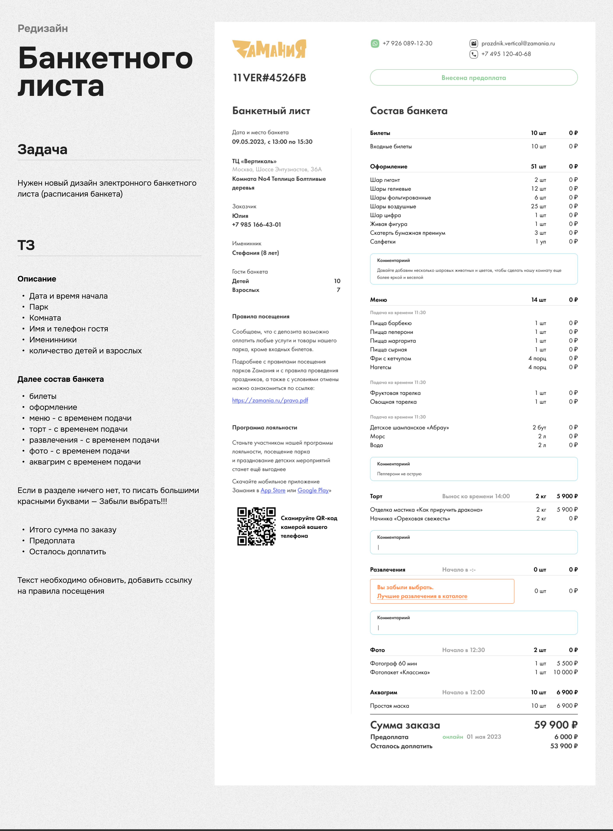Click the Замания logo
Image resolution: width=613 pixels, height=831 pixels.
coord(269,49)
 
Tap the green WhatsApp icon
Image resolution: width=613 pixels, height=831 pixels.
coord(375,43)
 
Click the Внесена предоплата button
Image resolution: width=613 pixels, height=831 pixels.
coord(474,77)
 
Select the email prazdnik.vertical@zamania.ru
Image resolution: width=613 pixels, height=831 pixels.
coord(518,43)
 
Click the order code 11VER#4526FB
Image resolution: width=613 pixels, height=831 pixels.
coord(270,78)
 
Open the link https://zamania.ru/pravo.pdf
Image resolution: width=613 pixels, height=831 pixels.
coord(270,400)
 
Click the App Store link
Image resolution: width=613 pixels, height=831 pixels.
coord(273,490)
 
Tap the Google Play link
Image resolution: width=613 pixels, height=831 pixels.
coord(313,490)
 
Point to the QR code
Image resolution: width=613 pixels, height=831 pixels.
coord(256,526)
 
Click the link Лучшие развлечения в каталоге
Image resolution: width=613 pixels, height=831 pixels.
coord(422,596)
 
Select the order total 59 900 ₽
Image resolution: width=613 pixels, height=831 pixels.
coord(555,725)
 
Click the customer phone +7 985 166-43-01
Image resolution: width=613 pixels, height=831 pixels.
coord(256,224)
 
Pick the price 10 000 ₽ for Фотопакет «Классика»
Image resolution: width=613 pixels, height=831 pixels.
coord(565,672)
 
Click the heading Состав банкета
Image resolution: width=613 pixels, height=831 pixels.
coord(409,111)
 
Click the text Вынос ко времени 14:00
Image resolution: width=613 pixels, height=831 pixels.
coord(476,496)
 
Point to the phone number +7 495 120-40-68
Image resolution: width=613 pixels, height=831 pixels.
coord(506,54)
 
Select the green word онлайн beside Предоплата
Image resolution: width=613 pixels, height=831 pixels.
coord(452,737)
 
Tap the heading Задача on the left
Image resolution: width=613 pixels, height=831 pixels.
coord(42,150)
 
